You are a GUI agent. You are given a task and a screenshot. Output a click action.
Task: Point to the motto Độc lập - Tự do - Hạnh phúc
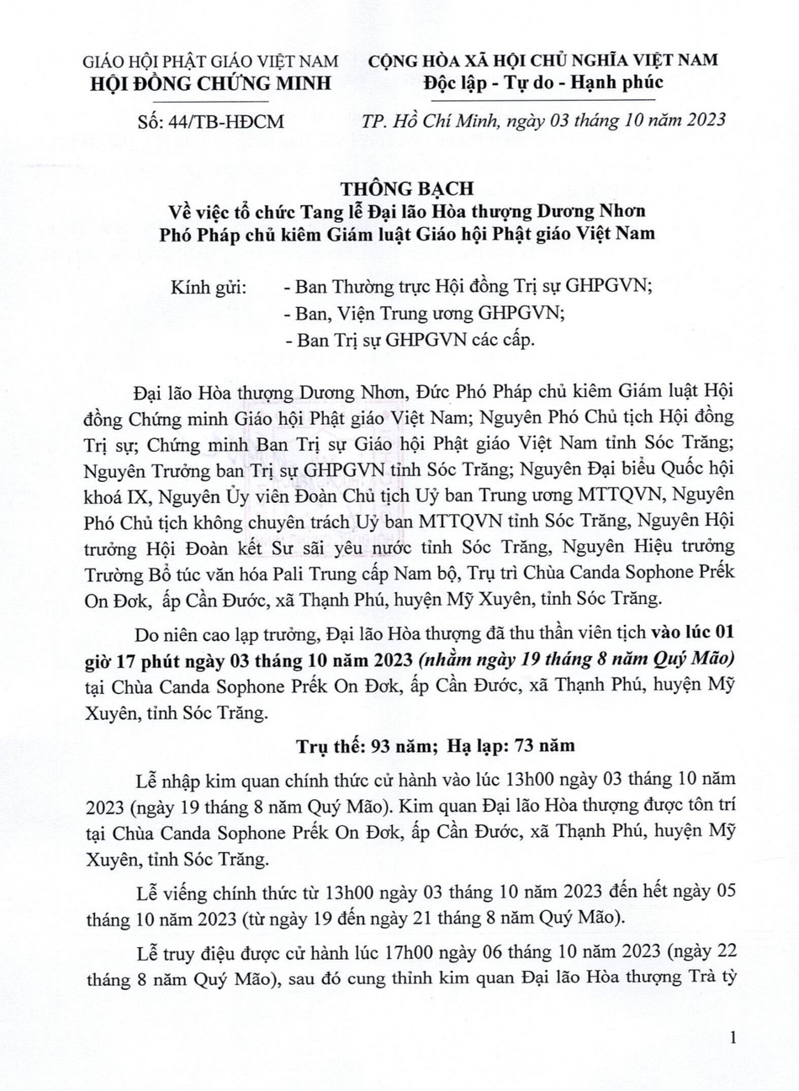544,82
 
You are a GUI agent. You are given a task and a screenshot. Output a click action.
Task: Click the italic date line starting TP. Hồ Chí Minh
539,121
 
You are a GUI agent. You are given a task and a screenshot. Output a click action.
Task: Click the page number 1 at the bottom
734,1038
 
